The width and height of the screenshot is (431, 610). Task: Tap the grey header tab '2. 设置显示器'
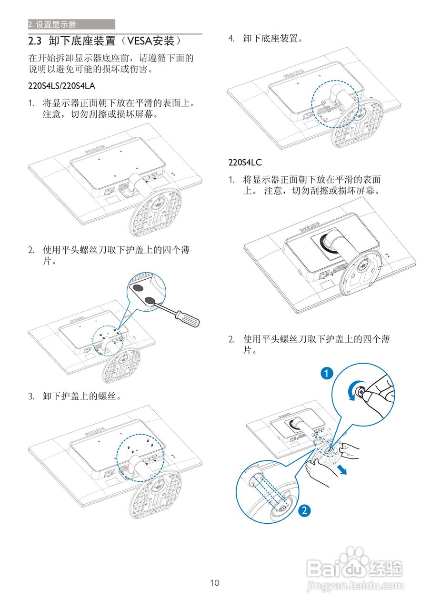coord(71,24)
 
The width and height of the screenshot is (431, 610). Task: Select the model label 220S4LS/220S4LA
coord(62,86)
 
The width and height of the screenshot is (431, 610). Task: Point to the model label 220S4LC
coord(245,163)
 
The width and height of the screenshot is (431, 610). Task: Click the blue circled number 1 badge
coord(326,373)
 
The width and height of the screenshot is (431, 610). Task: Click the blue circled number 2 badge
coord(305,511)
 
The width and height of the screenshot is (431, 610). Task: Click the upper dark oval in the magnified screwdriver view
coord(138,288)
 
